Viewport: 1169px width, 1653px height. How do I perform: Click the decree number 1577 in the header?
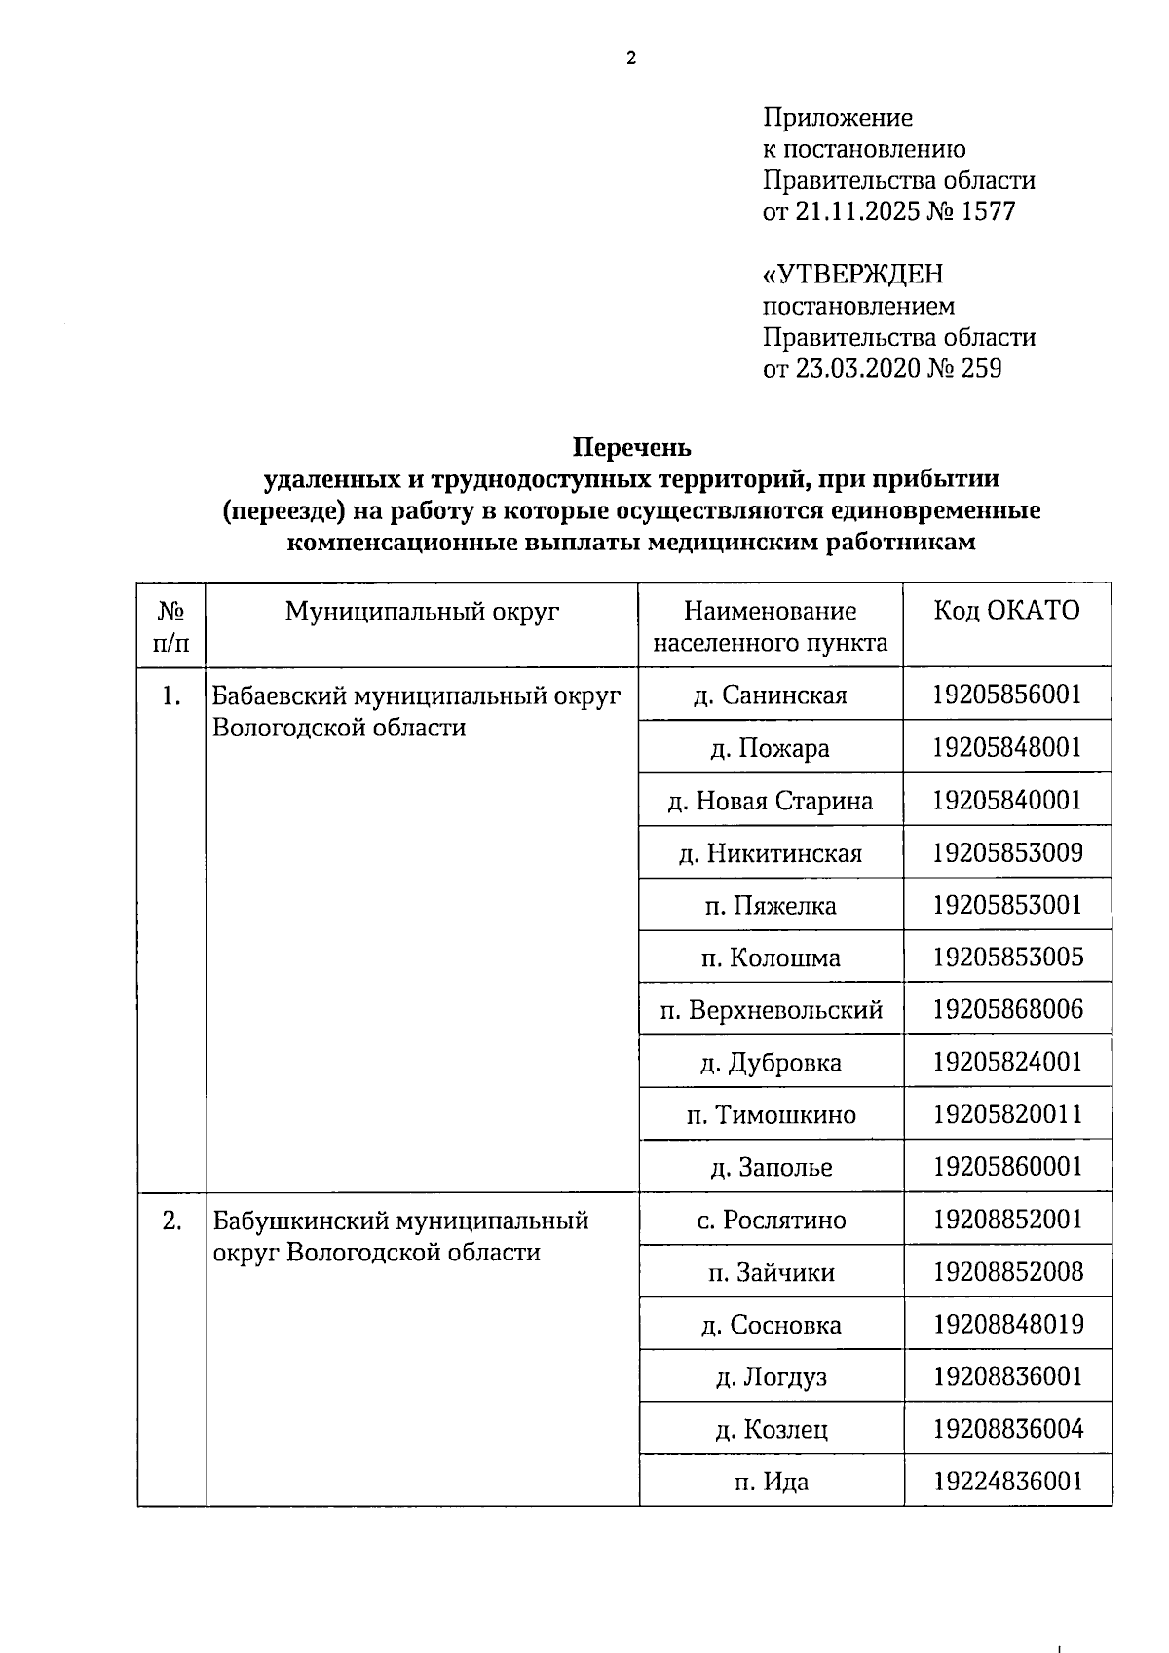[x=988, y=211]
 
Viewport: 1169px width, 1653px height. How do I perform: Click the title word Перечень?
[x=631, y=448]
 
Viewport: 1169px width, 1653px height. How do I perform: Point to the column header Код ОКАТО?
[x=1007, y=611]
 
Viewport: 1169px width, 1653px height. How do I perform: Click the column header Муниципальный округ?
[x=422, y=611]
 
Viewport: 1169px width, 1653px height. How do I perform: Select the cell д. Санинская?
[x=771, y=695]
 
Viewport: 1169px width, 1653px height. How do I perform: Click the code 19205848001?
[x=1007, y=748]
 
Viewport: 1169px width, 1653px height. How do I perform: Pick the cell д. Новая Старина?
[x=771, y=801]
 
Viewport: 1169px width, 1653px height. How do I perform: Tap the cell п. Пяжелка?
[x=771, y=906]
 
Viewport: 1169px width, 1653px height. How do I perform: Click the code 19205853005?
[x=1007, y=958]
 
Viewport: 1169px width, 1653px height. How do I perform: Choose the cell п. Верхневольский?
[x=771, y=1010]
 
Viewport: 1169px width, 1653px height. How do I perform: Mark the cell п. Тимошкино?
[x=771, y=1114]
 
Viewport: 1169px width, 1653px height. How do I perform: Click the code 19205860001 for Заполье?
[x=1007, y=1167]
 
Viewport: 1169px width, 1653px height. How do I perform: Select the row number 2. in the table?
[x=171, y=1221]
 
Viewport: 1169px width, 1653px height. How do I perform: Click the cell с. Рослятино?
[x=771, y=1221]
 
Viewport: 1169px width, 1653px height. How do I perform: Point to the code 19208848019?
[x=1007, y=1325]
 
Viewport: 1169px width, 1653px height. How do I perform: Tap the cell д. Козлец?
[x=771, y=1430]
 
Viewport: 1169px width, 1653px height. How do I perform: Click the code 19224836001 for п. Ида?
[x=1007, y=1483]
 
